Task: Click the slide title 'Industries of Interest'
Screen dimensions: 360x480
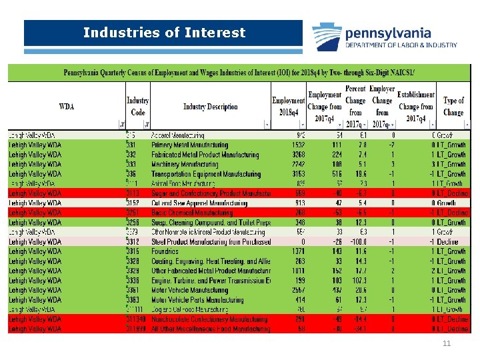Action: tap(164, 33)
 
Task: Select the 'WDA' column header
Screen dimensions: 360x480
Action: tap(67, 107)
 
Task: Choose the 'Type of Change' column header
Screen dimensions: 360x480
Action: tap(453, 107)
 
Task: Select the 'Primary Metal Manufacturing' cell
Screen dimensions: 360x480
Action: tap(189, 145)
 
